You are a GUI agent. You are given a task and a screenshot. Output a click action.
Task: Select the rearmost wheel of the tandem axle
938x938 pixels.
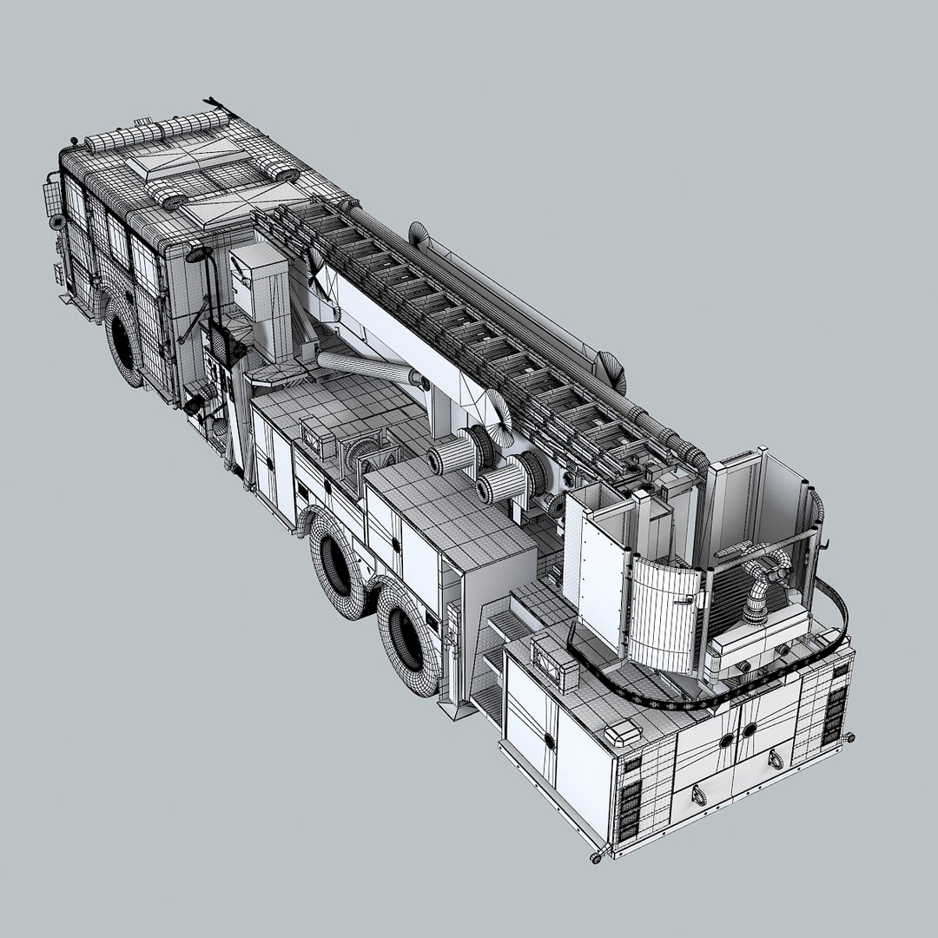click(406, 636)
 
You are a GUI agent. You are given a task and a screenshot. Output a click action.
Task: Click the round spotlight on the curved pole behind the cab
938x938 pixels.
click(199, 254)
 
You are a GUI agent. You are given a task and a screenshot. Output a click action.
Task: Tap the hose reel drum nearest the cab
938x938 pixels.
click(453, 452)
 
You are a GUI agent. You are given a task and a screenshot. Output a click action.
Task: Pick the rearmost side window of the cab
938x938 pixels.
click(144, 260)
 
